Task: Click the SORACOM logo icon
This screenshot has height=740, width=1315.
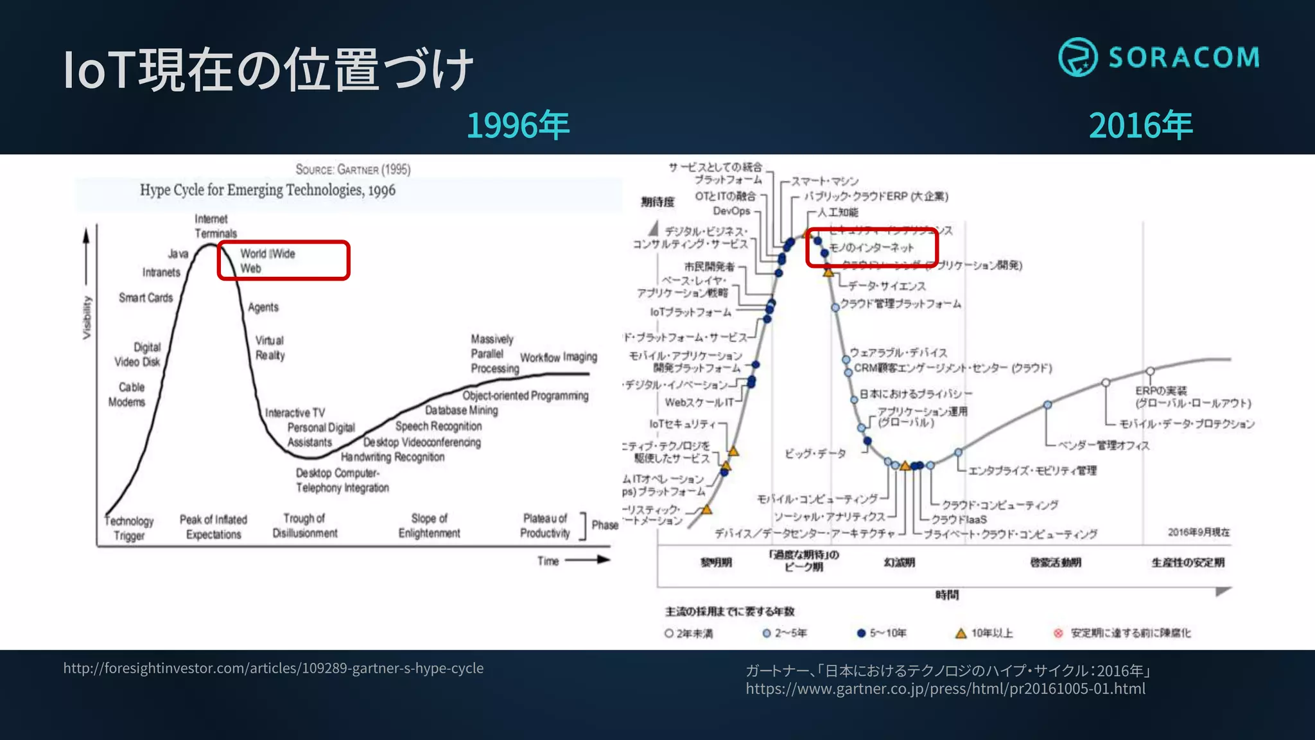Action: [x=1077, y=57]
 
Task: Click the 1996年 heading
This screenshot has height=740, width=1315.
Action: [x=518, y=125]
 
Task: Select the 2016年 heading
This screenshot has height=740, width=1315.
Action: [x=1140, y=125]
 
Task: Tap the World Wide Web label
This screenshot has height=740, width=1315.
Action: [x=267, y=261]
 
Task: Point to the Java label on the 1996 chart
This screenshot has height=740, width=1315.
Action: [x=178, y=254]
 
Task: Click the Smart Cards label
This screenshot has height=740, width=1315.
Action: [x=146, y=297]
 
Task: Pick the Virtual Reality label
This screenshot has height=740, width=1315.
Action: [x=270, y=348]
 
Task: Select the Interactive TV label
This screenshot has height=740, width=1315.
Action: [x=295, y=412]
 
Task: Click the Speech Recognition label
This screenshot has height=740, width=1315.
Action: [x=439, y=426]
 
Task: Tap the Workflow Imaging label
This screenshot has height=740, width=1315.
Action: [x=558, y=357]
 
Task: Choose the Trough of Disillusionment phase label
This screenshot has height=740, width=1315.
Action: [x=304, y=525]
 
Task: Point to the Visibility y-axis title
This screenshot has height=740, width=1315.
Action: [x=87, y=317]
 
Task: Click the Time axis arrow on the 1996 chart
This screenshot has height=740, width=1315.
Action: [x=587, y=559]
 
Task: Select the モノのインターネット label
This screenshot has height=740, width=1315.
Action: [x=871, y=247]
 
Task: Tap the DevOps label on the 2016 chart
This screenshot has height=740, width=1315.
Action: [x=731, y=211]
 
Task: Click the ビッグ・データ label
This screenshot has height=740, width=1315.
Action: [x=815, y=454]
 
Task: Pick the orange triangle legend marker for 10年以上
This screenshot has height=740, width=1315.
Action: [x=961, y=633]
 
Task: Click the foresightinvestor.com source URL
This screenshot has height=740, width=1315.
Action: [x=274, y=668]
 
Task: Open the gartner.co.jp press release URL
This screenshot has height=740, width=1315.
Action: [x=945, y=689]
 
